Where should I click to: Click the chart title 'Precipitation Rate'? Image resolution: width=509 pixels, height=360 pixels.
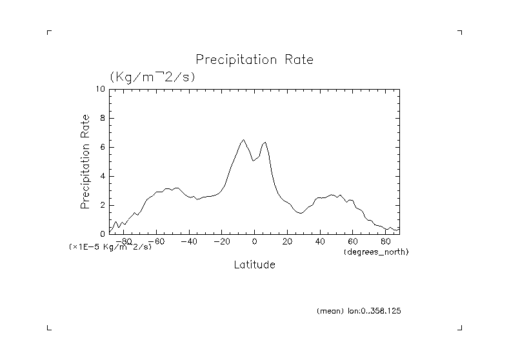click(254, 60)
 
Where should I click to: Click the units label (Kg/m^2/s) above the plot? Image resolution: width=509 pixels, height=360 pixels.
click(152, 76)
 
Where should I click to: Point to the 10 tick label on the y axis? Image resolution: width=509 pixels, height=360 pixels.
click(100, 89)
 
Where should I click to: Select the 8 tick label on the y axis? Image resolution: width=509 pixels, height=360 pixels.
click(102, 118)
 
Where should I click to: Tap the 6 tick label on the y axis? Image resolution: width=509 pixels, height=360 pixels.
click(102, 147)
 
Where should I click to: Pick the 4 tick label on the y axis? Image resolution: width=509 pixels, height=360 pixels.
click(102, 176)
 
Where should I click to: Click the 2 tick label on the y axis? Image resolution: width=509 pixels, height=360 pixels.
click(102, 205)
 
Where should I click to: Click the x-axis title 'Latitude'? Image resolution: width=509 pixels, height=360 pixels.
click(254, 265)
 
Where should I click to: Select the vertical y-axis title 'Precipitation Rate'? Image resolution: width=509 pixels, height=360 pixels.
click(85, 161)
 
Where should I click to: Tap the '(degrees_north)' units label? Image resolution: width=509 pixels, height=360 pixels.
click(376, 251)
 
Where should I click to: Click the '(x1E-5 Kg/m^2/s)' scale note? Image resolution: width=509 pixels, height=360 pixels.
click(110, 247)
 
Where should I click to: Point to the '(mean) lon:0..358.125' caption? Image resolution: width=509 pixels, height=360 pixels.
click(359, 311)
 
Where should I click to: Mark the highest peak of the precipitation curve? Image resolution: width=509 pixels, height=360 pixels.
click(243, 139)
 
